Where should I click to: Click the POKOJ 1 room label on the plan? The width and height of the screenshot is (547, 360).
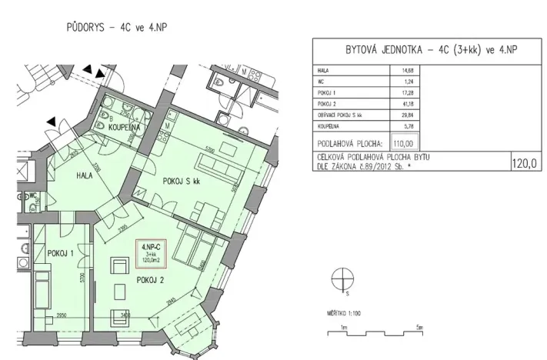61,253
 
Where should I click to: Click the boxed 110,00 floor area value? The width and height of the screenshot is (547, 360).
403,142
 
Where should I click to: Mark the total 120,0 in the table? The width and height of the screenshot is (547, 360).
525,163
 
